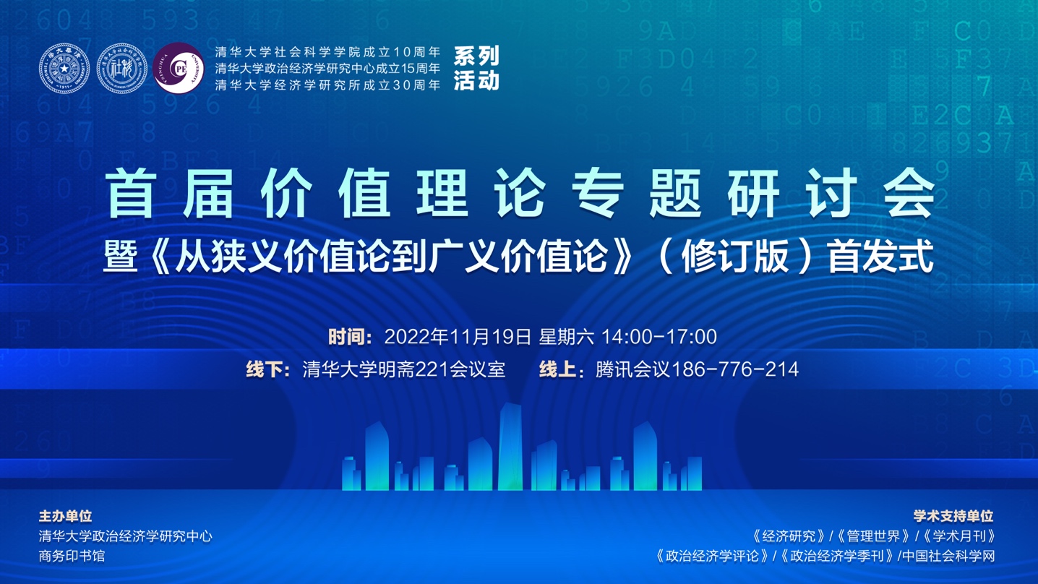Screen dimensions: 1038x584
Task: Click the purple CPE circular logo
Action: [179, 69]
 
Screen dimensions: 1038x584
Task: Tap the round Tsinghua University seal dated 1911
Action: [64, 69]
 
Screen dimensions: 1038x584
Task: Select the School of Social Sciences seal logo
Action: [122, 69]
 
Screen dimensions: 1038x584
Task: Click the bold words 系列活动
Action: [476, 69]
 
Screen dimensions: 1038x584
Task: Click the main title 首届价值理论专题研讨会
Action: [519, 193]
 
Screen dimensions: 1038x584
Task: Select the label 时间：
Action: [351, 337]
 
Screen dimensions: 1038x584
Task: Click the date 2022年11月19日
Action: [458, 337]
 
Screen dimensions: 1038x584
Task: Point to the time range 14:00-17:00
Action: [659, 337]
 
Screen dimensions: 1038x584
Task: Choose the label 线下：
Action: [268, 370]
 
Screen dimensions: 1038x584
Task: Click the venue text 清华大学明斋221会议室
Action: [403, 370]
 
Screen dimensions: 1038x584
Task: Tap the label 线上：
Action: [562, 370]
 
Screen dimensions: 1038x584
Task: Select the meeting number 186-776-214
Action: [735, 370]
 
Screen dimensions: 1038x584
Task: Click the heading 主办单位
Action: [65, 516]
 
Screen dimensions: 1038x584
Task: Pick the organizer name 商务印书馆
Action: [72, 556]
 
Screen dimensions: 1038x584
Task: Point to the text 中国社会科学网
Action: [948, 556]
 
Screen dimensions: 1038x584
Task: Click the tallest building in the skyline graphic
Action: [510, 447]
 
